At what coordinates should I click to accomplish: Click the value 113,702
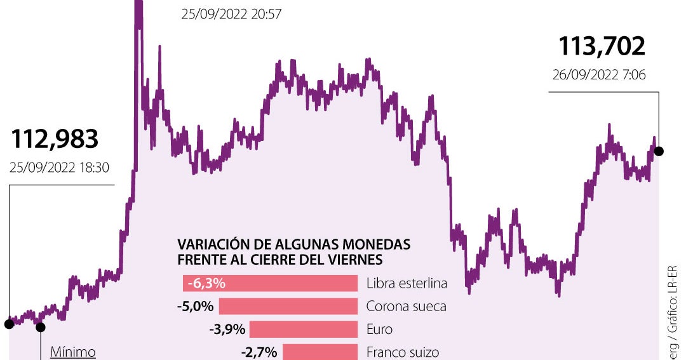coord(602,46)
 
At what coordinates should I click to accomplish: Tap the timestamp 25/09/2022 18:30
coord(60,168)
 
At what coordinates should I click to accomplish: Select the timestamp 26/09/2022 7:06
coord(599,74)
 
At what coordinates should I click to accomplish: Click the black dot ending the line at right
coord(659,151)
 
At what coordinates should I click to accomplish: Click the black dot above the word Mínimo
coord(41,328)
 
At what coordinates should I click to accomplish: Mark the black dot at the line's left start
coord(9,324)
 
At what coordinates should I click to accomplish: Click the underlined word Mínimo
coord(72,351)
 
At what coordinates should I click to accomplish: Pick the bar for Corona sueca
coord(288,307)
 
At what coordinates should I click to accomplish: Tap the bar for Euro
coord(304,330)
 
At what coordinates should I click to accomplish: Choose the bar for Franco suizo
coord(320,352)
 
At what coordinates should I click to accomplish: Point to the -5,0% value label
coord(195,307)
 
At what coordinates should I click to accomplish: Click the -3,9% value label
coord(227,330)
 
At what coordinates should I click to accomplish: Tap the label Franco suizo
coord(403,352)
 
